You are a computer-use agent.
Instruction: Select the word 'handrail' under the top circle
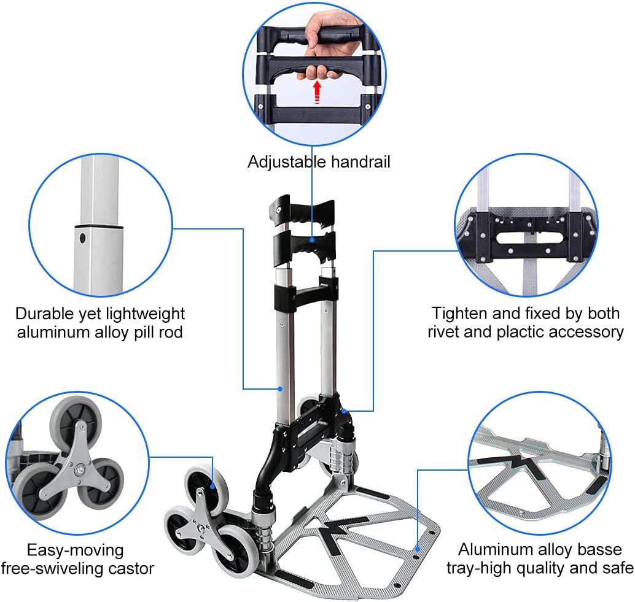(360, 162)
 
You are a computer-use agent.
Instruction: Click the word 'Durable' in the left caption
(45, 314)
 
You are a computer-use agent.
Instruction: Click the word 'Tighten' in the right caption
(459, 314)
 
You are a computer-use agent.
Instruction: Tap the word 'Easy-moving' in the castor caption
(76, 550)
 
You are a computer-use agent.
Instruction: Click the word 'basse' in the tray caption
(599, 550)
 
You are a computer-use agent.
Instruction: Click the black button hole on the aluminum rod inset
(83, 238)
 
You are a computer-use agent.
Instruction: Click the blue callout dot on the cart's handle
(312, 239)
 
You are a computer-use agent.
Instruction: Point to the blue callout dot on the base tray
(418, 549)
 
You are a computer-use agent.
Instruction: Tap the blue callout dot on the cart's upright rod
(280, 389)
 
